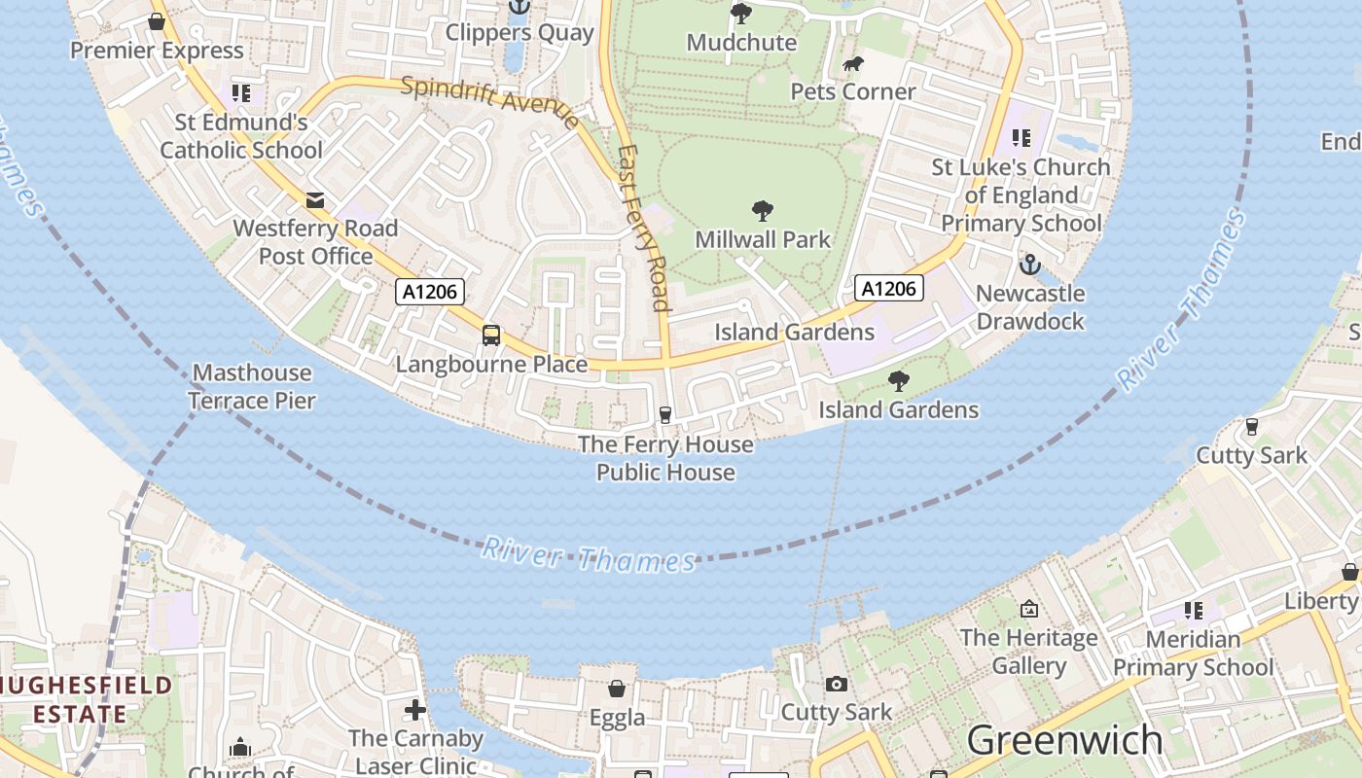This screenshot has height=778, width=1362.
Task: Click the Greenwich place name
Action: tap(1064, 740)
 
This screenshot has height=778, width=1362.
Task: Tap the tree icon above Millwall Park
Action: tap(763, 210)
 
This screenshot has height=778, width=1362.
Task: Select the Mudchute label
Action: tap(741, 43)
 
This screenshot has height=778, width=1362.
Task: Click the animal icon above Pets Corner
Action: tap(853, 65)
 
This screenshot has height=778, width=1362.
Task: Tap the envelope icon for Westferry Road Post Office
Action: tap(315, 200)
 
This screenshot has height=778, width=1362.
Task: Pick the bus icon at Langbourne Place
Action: tap(491, 336)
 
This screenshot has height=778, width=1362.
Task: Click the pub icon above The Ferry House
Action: tap(665, 415)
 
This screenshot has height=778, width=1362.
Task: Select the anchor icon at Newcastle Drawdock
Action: tap(1029, 265)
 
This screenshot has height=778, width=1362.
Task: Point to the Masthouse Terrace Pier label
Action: tap(252, 386)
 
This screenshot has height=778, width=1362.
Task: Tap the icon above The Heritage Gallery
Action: tap(1029, 610)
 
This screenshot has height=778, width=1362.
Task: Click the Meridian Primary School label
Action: tap(1193, 653)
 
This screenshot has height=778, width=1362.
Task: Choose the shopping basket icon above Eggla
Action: tap(617, 690)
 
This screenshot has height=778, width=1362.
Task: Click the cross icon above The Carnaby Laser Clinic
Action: tap(415, 710)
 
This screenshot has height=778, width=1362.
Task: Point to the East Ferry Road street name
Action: tap(644, 229)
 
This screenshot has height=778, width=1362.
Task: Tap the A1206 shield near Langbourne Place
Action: tap(430, 292)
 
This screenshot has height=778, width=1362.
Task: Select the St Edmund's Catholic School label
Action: tap(241, 136)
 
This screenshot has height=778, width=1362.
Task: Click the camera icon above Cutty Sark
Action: tap(836, 685)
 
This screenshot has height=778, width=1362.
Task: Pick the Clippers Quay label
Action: tap(520, 33)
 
